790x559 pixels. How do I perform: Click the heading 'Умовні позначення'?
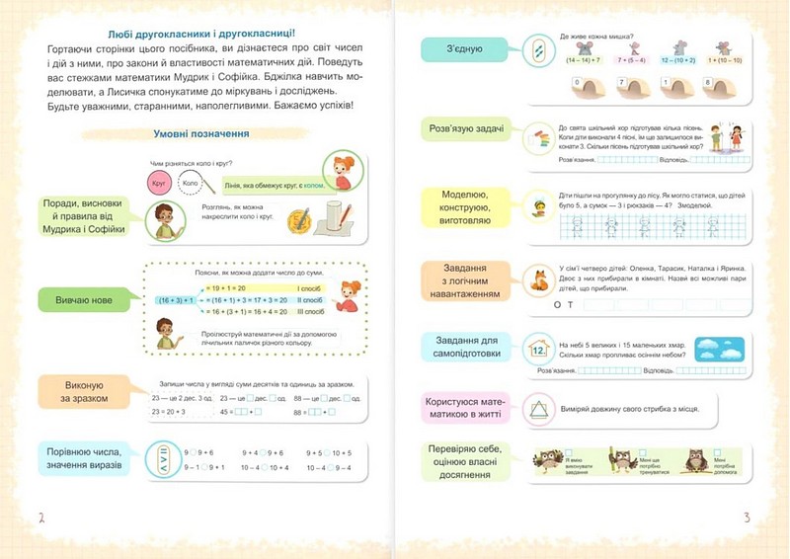(x=200, y=133)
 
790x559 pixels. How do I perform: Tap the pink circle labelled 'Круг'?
(x=156, y=184)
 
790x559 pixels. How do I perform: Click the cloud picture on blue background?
(x=719, y=350)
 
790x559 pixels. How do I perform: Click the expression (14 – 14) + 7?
(x=585, y=60)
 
